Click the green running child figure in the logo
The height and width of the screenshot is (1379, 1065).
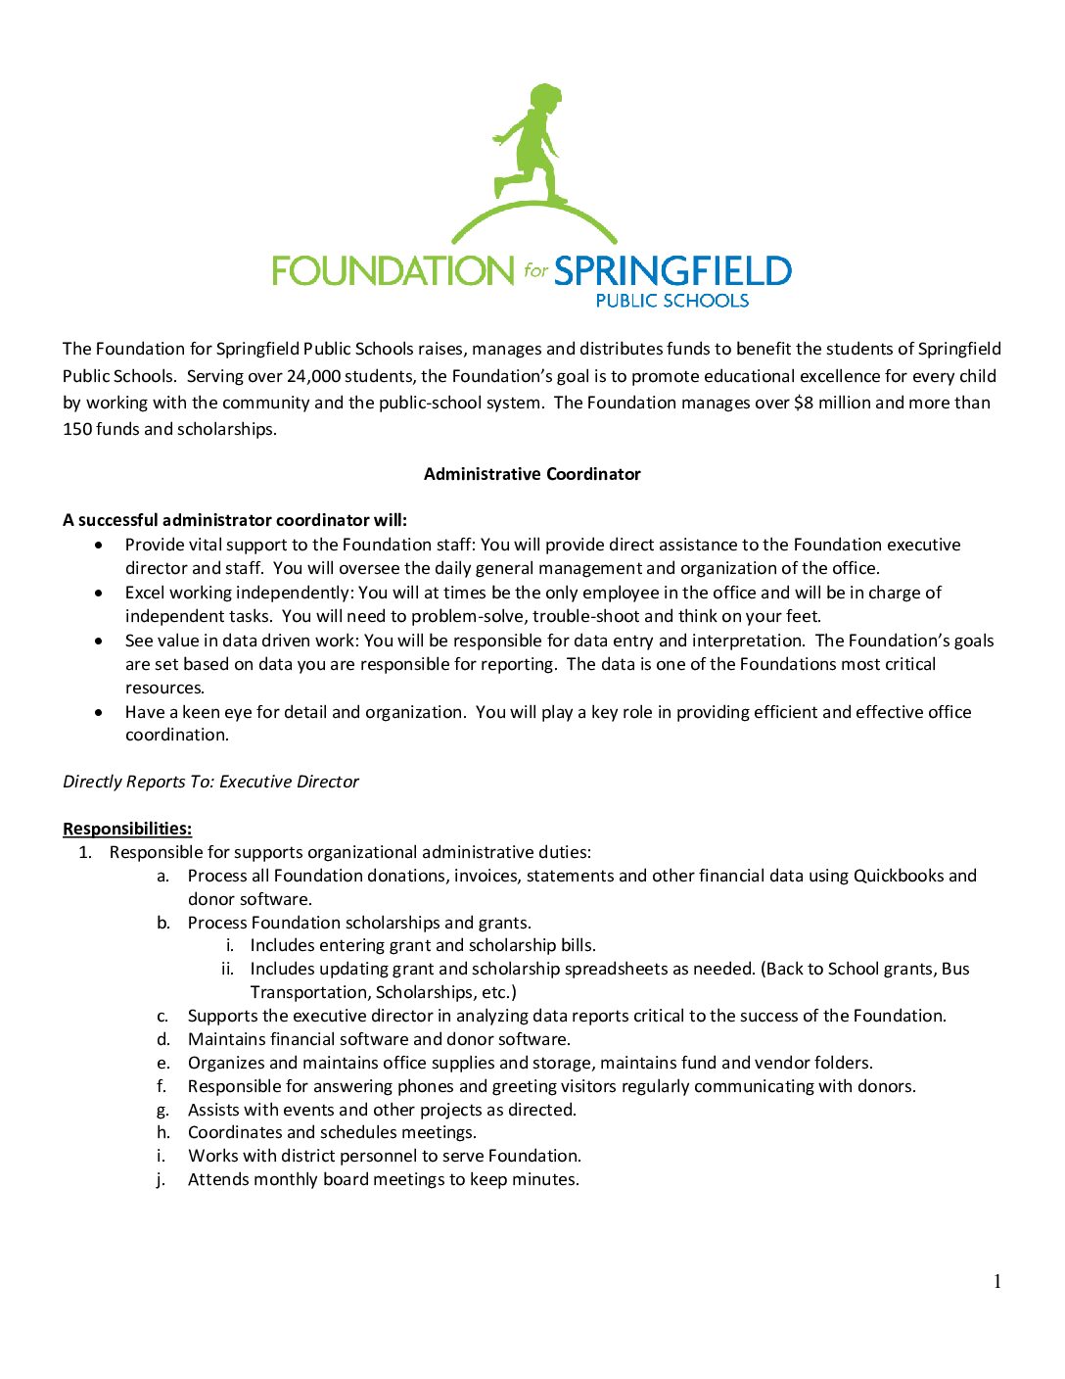point(529,142)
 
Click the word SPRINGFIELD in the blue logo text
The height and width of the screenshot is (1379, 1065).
point(672,271)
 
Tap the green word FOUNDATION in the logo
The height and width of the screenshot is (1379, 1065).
point(392,271)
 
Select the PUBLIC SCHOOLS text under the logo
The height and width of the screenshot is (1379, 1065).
point(671,301)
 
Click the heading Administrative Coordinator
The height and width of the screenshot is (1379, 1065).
point(532,474)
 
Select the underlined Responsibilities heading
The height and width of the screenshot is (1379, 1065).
point(127,829)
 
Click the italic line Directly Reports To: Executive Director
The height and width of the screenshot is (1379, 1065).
point(210,782)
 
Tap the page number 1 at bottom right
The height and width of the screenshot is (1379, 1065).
point(997,1282)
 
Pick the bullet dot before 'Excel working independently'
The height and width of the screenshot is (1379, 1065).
point(99,593)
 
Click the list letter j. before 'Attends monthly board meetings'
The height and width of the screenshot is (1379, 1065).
point(161,1180)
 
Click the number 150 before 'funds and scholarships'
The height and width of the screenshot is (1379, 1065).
point(76,429)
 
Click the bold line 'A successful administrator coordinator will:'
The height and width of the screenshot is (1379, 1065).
point(235,520)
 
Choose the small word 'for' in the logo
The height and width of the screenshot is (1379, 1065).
point(534,270)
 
